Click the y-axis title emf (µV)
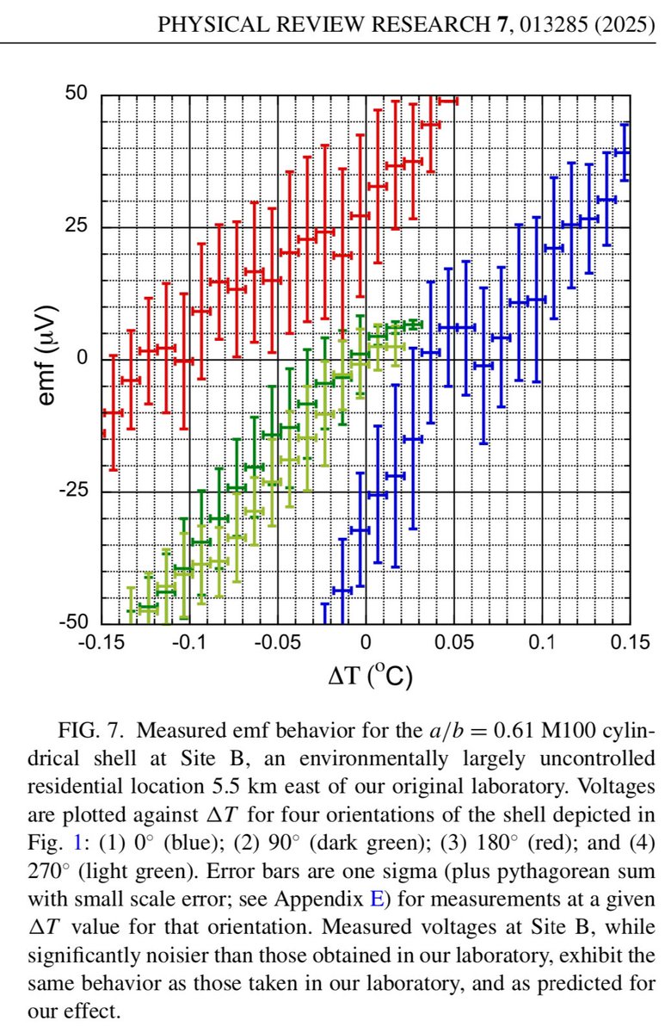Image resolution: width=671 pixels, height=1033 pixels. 44,358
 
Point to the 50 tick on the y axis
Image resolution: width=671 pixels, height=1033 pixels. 76,94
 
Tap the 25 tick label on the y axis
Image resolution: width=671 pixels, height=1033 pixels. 76,226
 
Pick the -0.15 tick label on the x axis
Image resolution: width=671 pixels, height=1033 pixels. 101,643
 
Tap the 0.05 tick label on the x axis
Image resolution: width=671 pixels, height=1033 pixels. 454,643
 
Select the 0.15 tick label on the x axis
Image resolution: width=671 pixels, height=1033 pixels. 630,643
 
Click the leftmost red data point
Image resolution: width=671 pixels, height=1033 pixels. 113,412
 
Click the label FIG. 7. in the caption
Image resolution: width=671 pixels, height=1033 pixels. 95,731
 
